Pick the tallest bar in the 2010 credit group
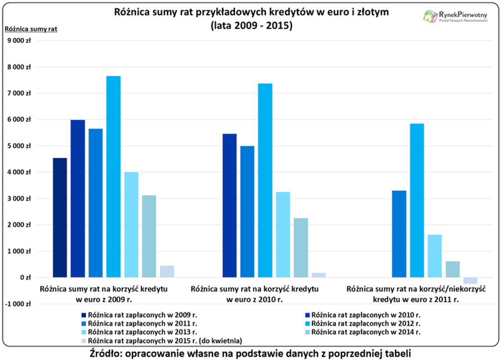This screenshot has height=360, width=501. pyautogui.click(x=265, y=180)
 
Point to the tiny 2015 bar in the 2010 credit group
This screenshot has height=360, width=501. pyautogui.click(x=319, y=275)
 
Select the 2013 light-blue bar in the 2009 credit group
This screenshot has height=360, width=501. pyautogui.click(x=131, y=225)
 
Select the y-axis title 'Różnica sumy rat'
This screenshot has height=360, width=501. pyautogui.click(x=31, y=29)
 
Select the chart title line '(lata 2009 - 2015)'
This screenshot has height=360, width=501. pyautogui.click(x=251, y=26)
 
